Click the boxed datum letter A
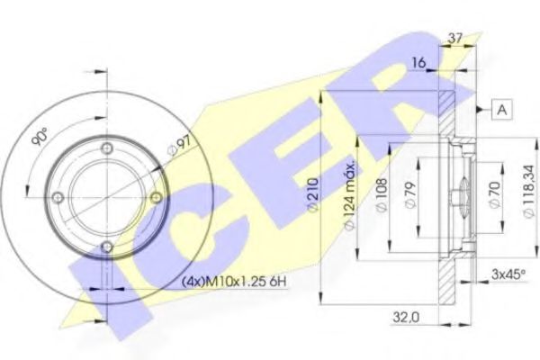tap(500, 110)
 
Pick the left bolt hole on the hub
tap(58, 198)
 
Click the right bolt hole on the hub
tap(156, 198)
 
